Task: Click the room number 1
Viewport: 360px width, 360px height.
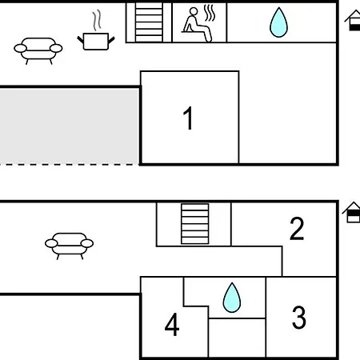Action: (188, 118)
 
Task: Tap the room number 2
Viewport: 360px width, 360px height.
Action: (297, 229)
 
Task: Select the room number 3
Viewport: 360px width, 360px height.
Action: (299, 317)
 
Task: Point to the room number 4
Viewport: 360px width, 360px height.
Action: (172, 324)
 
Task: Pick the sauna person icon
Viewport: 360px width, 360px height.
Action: (198, 25)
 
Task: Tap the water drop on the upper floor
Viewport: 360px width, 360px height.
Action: (278, 22)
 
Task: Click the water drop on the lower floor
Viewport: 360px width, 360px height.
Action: (232, 298)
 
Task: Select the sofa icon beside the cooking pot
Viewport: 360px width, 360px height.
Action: (38, 50)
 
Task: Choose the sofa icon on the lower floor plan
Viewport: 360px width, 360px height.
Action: (69, 246)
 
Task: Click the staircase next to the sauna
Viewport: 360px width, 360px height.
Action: (149, 22)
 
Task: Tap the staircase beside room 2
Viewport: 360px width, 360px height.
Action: (195, 224)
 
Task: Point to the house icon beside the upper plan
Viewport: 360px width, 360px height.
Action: (353, 20)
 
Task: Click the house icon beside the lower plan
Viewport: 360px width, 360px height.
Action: (351, 212)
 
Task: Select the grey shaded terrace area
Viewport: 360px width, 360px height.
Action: (69, 126)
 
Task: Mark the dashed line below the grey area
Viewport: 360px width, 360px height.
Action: (70, 165)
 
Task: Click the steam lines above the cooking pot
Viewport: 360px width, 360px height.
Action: (97, 20)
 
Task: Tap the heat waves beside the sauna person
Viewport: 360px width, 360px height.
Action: (210, 13)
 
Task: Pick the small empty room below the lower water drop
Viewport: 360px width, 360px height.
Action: (237, 338)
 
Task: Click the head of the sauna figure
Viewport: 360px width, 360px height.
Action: (194, 11)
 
